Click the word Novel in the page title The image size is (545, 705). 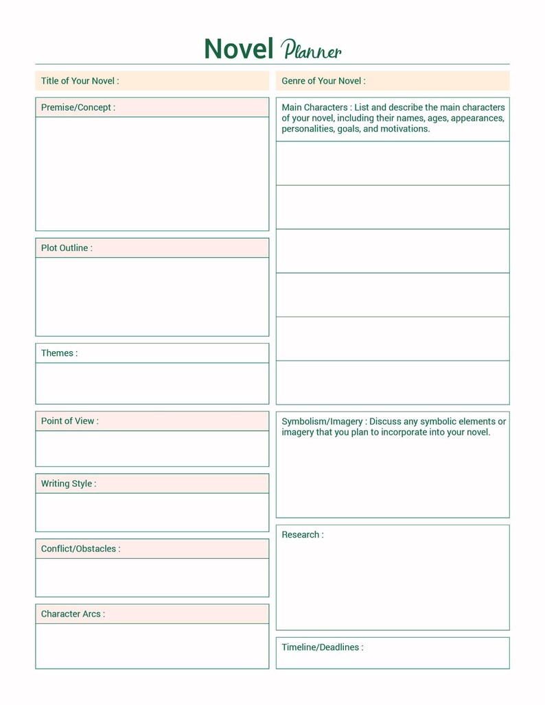[239, 49]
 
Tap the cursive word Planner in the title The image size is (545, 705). [311, 50]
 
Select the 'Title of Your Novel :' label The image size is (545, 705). [80, 81]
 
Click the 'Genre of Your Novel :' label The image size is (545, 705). [323, 81]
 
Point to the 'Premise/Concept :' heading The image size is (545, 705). [78, 108]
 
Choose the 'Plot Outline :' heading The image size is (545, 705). [67, 248]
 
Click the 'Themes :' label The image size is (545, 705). [59, 353]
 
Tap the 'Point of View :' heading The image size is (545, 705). [69, 421]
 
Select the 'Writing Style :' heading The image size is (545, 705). [68, 483]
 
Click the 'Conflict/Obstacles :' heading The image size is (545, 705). [80, 549]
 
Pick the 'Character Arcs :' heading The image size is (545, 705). [73, 614]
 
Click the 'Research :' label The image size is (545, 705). [302, 535]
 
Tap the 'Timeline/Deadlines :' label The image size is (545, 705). [322, 647]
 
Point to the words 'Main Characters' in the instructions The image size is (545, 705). [314, 108]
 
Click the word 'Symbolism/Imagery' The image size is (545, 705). [323, 422]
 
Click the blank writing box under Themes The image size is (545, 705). [152, 383]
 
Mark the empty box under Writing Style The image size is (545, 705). [152, 512]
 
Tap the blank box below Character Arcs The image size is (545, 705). [152, 646]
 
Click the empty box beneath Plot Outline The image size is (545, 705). [152, 297]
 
